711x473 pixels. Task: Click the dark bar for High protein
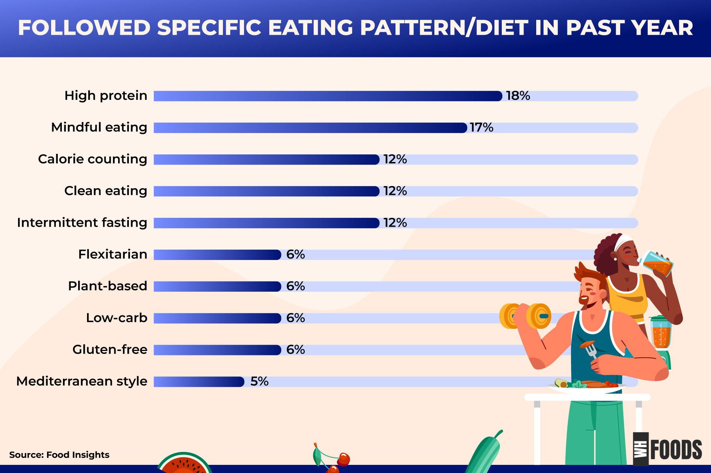328,96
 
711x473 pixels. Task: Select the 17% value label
481,128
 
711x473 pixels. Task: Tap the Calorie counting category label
93,159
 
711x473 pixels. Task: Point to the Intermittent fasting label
82,223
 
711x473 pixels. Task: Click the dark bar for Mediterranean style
199,382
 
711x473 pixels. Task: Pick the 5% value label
259,382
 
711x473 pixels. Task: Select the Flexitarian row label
113,254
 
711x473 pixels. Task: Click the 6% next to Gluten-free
296,350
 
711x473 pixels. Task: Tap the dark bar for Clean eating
267,191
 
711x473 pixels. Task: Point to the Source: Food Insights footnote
59,455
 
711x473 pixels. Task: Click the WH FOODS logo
667,449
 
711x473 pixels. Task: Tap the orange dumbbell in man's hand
525,316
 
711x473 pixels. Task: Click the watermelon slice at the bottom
184,463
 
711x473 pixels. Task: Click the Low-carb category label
117,318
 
